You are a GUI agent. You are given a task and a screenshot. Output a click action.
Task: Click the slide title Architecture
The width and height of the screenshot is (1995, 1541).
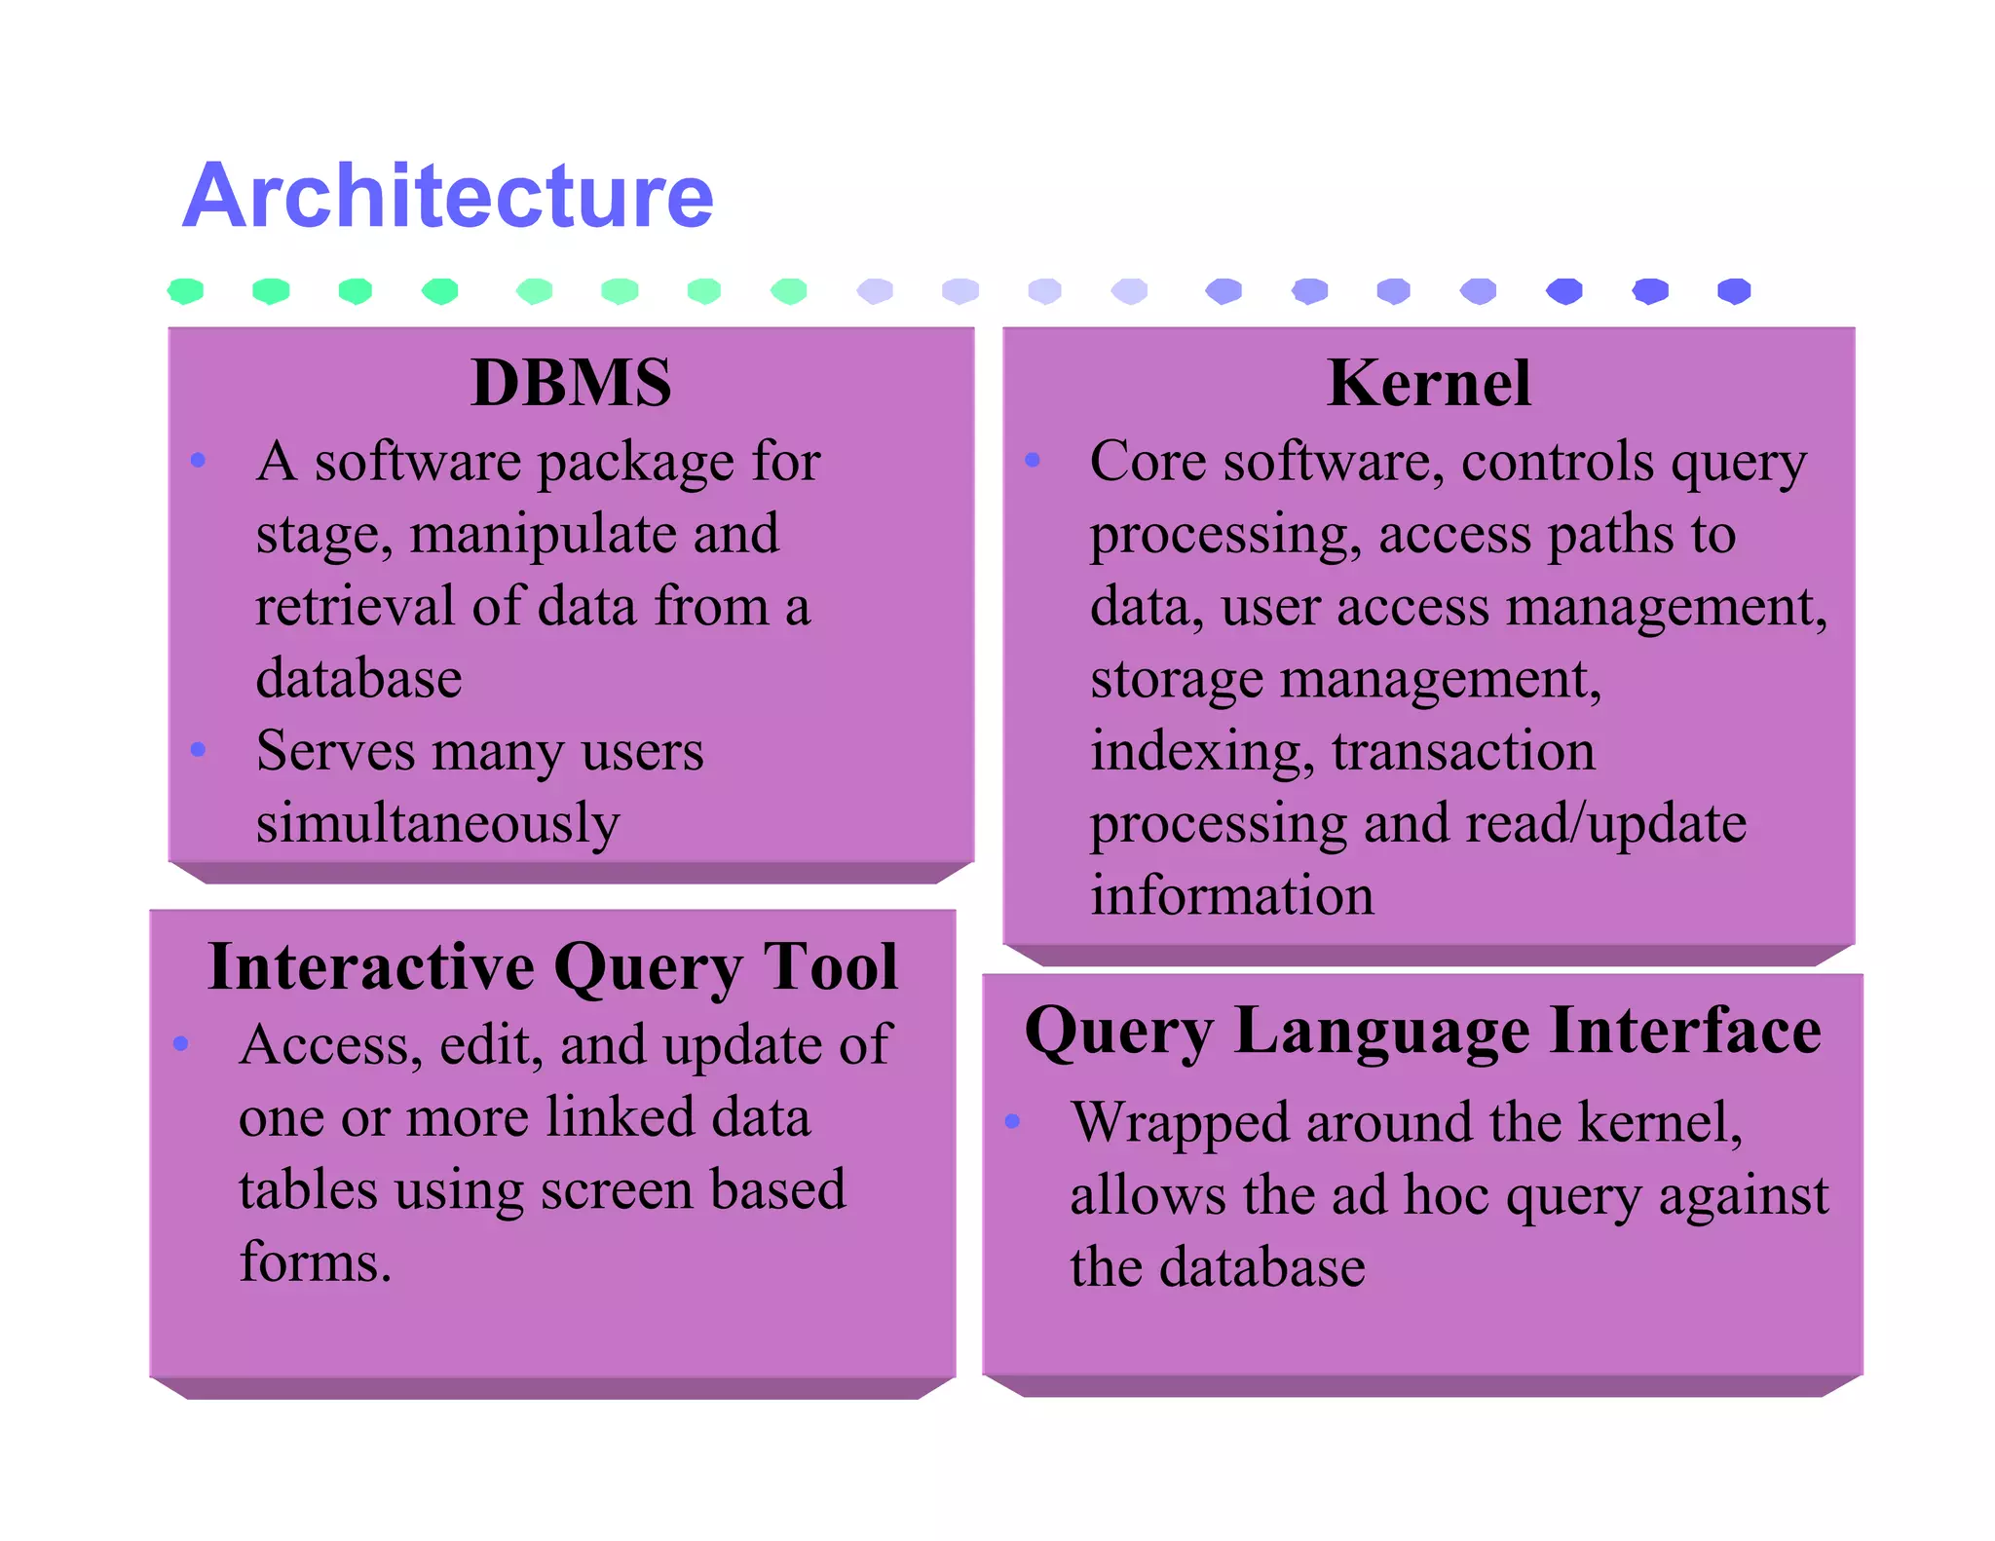tap(448, 197)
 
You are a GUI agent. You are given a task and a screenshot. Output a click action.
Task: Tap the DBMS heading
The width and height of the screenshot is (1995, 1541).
tap(571, 383)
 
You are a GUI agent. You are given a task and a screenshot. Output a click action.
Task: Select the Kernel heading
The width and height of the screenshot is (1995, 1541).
tap(1428, 383)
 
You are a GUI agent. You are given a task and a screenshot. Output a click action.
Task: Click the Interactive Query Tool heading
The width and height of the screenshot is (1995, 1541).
tap(552, 967)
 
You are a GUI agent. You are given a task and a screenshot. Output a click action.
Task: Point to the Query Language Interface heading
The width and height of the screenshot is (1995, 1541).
tap(1422, 1031)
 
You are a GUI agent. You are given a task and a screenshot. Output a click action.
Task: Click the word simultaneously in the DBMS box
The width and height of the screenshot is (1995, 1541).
tap(437, 824)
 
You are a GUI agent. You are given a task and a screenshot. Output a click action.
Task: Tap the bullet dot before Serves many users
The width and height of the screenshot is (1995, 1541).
tap(199, 749)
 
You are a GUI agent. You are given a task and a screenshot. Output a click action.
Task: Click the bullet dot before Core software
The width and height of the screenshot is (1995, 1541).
tap(1033, 459)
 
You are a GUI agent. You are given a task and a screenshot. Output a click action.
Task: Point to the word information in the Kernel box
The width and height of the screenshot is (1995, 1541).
tap(1231, 896)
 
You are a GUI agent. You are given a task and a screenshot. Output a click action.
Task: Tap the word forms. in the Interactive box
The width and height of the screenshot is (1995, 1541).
tap(316, 1262)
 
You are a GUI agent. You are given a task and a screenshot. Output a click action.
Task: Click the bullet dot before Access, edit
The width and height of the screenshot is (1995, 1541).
tap(180, 1043)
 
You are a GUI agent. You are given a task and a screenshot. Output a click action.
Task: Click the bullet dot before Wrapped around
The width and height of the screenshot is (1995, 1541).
tap(1012, 1121)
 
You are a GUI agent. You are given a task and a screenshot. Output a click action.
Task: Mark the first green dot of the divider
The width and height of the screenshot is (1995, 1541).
tap(185, 290)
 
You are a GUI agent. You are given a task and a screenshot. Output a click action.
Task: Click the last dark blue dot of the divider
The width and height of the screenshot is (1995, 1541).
tap(1734, 290)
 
